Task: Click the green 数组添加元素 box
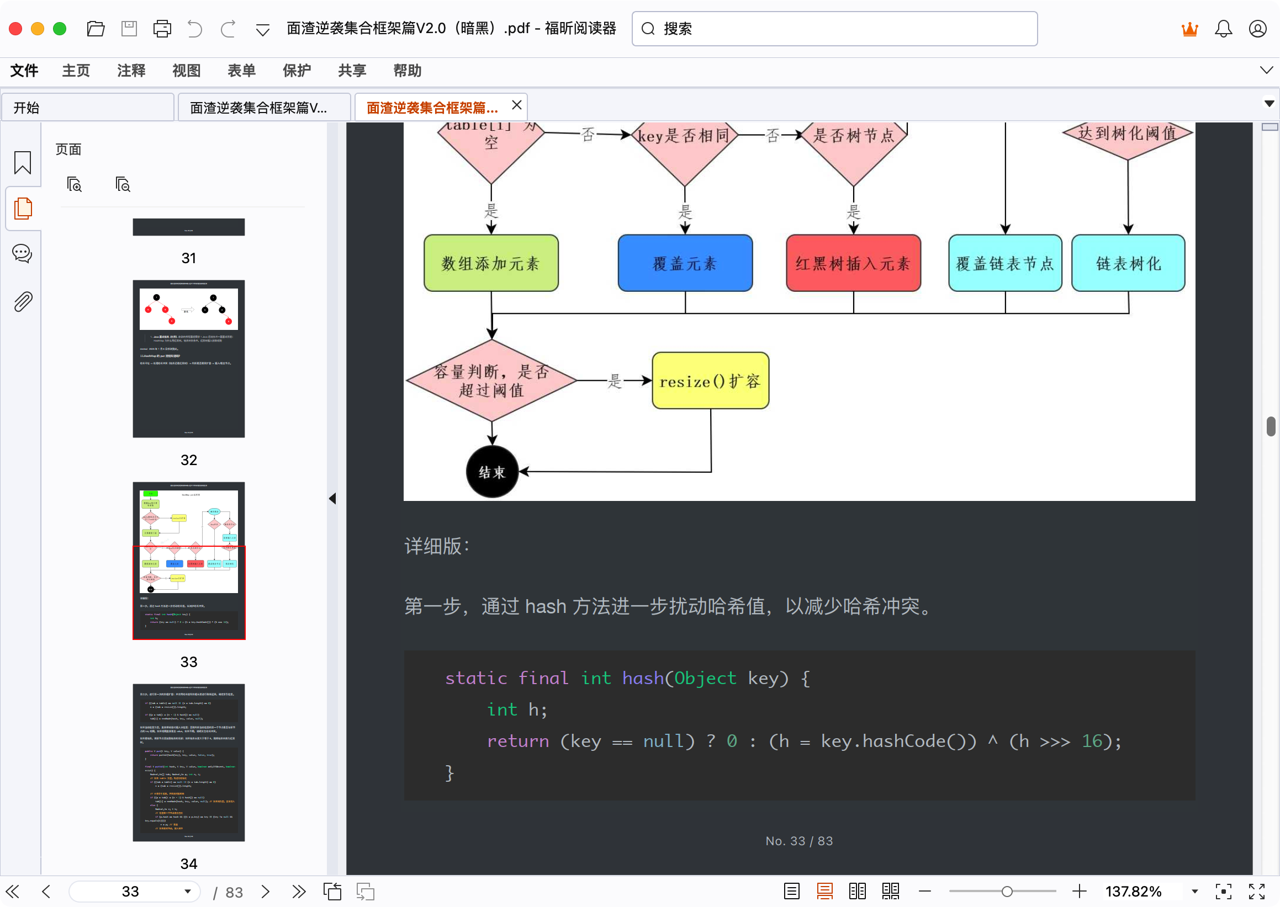(x=491, y=263)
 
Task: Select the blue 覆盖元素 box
(x=685, y=263)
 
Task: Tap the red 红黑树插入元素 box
(x=853, y=263)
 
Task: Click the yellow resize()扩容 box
(x=710, y=381)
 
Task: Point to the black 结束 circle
(x=492, y=472)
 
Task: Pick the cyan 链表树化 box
(x=1128, y=263)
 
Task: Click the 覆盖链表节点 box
(x=1004, y=263)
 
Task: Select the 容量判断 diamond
(x=491, y=381)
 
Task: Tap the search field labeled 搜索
(x=838, y=29)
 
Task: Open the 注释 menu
(x=131, y=71)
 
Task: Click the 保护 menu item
(x=296, y=71)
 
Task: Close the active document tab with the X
(x=516, y=105)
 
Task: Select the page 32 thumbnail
(x=188, y=359)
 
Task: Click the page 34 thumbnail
(x=188, y=762)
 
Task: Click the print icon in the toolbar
(x=162, y=29)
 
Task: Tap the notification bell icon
(x=1223, y=29)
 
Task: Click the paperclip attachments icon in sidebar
(x=22, y=302)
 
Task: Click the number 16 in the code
(x=1092, y=741)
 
